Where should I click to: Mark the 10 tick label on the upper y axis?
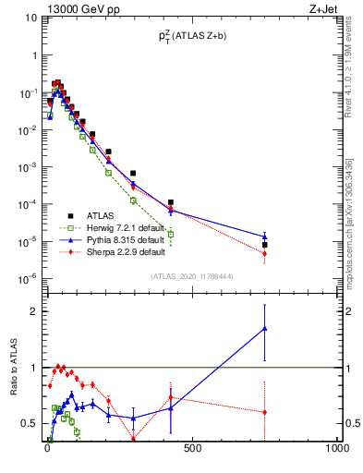pos(28,19)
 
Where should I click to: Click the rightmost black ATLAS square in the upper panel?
pos(264,245)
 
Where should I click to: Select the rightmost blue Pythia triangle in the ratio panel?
pos(264,328)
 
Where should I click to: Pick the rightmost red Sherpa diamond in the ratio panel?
pos(264,412)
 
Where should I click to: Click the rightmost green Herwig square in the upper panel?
pos(170,234)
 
